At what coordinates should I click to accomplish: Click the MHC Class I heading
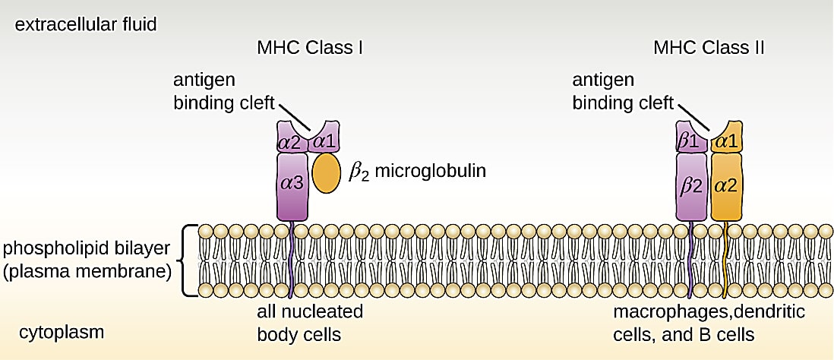(x=310, y=48)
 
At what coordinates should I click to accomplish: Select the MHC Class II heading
(x=709, y=48)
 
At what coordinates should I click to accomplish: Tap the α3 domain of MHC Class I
(x=292, y=186)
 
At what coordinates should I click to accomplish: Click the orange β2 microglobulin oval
(x=326, y=173)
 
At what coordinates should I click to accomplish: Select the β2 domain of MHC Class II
(x=691, y=186)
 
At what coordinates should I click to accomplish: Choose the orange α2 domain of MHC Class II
(x=725, y=186)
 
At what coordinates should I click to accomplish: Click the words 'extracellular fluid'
(x=86, y=24)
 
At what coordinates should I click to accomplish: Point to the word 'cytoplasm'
(x=62, y=334)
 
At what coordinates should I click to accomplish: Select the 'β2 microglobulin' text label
(x=417, y=173)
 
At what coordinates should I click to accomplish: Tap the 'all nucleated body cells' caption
(x=310, y=322)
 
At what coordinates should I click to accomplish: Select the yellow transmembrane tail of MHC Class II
(x=726, y=260)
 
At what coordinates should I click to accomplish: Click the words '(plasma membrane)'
(x=87, y=272)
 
